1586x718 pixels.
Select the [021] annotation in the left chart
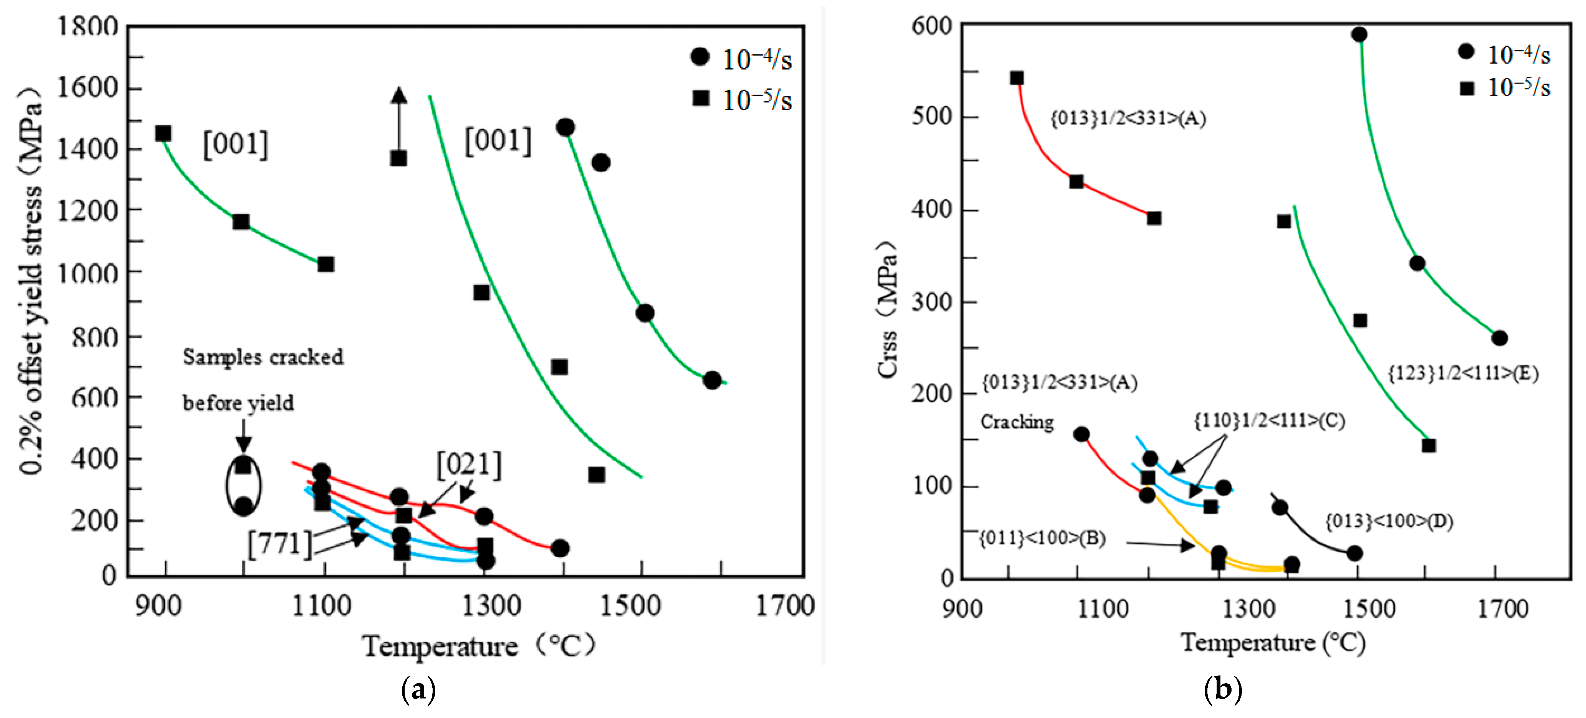(x=469, y=465)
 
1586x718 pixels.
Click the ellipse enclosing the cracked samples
(x=243, y=486)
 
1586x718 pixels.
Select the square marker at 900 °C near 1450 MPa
(x=163, y=134)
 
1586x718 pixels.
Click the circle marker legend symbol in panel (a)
(x=699, y=57)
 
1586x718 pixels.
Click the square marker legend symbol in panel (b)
(x=1466, y=88)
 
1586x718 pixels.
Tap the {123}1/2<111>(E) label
(x=1463, y=373)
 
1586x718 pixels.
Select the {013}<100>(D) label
(x=1389, y=522)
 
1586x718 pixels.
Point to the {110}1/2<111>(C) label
(x=1269, y=421)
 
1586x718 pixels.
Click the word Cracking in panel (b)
(x=1017, y=422)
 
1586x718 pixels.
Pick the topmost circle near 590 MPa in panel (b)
(x=1359, y=34)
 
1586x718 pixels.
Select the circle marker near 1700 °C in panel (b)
(x=1499, y=338)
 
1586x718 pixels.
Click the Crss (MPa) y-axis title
(x=887, y=309)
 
